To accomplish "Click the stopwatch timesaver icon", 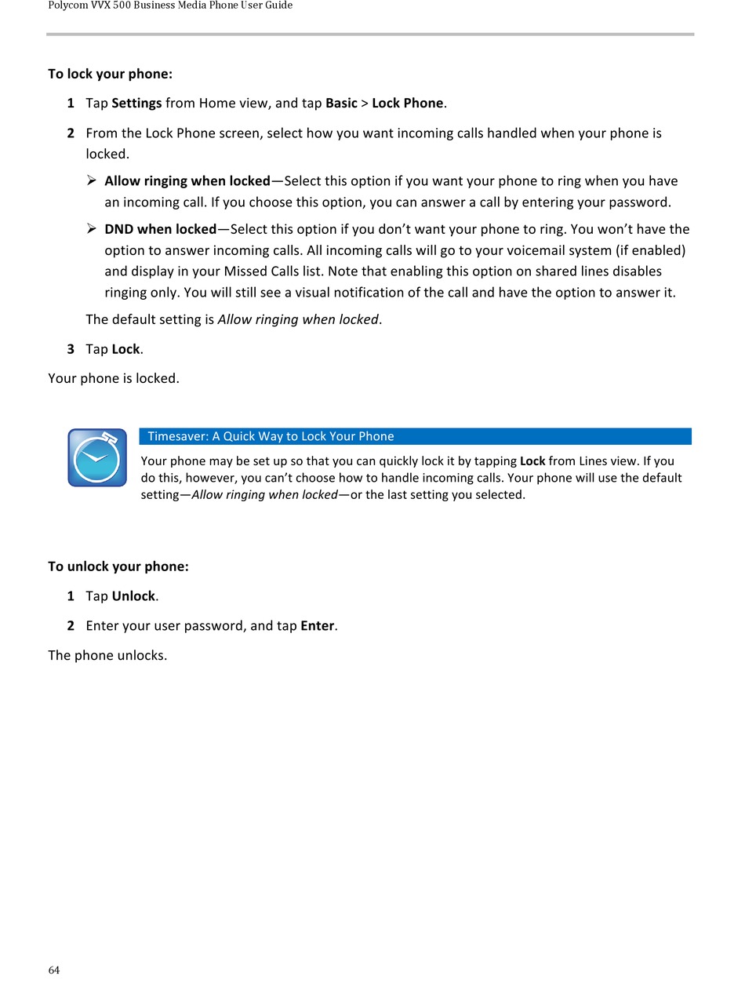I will pos(97,457).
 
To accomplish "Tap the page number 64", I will pos(54,970).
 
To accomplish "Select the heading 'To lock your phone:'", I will pos(110,74).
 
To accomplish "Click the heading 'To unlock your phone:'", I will pos(118,566).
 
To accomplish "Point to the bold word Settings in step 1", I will pos(136,104).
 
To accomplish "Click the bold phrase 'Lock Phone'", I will pos(407,104).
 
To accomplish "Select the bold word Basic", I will pos(341,104).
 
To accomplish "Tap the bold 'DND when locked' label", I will pos(160,229).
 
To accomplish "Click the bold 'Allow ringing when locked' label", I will pos(187,181).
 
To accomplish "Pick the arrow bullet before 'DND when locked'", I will pos(92,229).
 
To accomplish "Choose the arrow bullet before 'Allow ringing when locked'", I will pos(92,181).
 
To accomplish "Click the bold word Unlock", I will pos(133,596).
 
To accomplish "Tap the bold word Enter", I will pos(318,626).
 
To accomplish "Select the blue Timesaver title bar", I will pos(415,436).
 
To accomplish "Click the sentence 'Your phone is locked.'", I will pos(114,378).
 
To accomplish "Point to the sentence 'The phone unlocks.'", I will pos(107,655).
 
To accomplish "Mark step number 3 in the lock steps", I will pos(71,349).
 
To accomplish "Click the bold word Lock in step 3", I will pos(125,349).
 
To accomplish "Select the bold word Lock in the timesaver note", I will pos(532,461).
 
